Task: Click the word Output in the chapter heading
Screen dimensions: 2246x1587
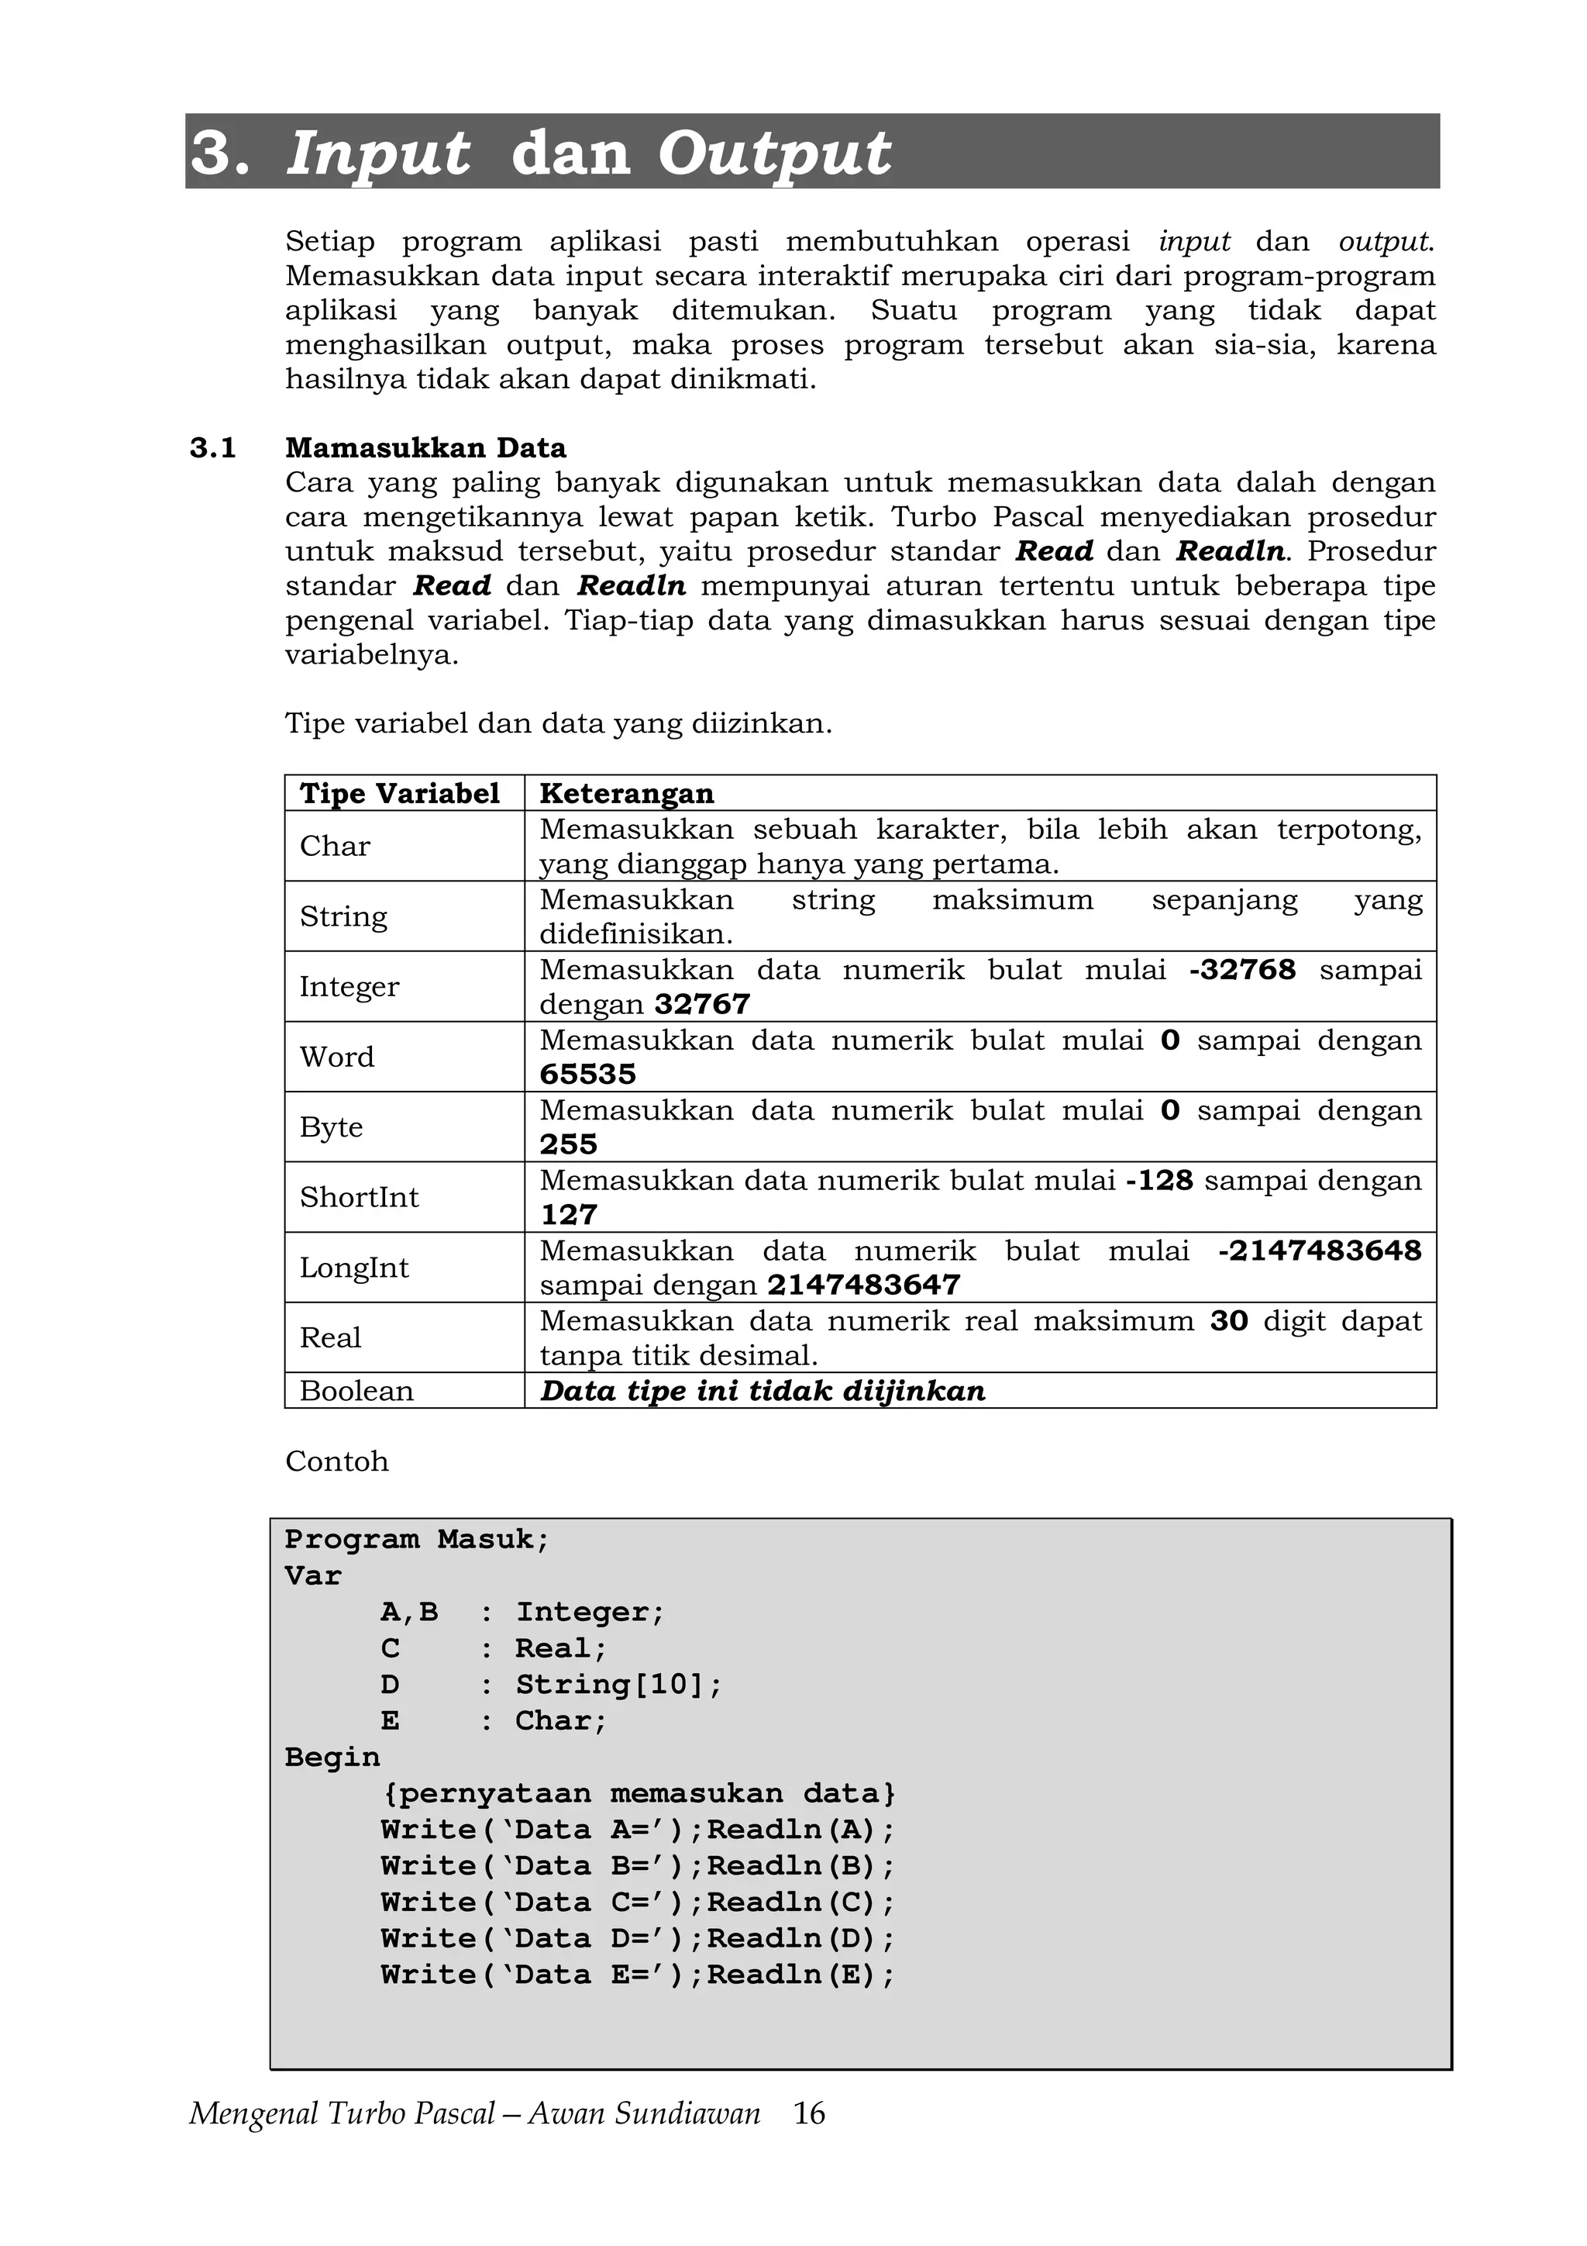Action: (x=773, y=154)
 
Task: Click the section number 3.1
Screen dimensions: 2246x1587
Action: (x=213, y=448)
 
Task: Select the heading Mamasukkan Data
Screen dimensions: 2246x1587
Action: (x=425, y=448)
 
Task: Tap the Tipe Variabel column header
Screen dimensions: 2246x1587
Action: (x=399, y=793)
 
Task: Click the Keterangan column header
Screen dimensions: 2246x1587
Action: (x=627, y=793)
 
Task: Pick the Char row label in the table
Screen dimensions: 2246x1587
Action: (x=335, y=846)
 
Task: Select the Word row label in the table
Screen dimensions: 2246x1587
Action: (x=336, y=1057)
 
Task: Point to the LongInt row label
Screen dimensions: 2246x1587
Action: (x=354, y=1268)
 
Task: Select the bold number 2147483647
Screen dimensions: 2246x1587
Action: (x=863, y=1285)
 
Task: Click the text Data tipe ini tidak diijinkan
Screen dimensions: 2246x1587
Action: (x=763, y=1391)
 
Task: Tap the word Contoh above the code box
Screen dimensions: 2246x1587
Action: (x=336, y=1461)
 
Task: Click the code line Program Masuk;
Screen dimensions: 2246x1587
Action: (x=418, y=1540)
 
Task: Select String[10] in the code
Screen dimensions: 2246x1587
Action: (x=618, y=1685)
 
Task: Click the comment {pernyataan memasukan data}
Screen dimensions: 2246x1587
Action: (x=638, y=1794)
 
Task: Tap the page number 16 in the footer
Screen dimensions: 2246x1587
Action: (x=809, y=2114)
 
